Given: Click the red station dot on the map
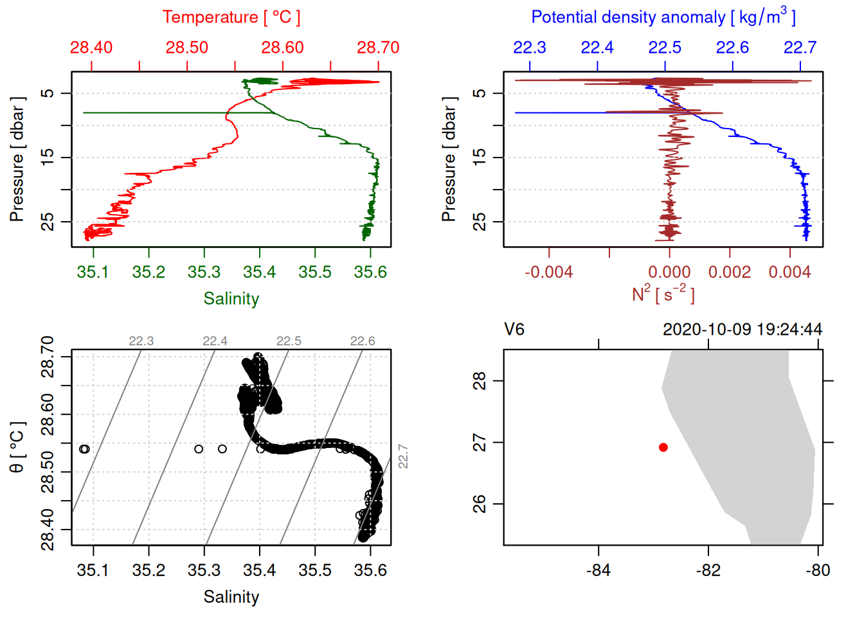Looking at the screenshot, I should (x=663, y=447).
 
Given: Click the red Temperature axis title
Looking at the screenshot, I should (x=231, y=17).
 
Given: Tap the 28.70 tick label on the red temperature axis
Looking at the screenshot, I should (x=378, y=48).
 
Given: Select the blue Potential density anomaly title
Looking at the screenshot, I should (x=663, y=17).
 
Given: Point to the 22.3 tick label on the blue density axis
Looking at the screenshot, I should (x=530, y=48).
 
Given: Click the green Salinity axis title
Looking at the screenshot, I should (x=231, y=299).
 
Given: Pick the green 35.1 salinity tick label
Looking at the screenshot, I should (x=93, y=273).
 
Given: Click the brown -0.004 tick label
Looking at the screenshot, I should (x=548, y=273).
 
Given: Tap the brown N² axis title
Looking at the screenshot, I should (x=663, y=294).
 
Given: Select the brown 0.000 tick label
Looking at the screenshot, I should (x=669, y=273).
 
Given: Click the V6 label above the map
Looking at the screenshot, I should (x=514, y=330).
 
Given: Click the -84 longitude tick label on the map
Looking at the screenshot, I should (x=598, y=570).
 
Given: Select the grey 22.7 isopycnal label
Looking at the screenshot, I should (x=403, y=456).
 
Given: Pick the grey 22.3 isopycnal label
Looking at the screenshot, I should (x=141, y=341).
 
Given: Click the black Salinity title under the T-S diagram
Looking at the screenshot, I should (x=231, y=597).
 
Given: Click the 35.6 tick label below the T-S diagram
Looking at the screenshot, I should (x=370, y=570).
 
